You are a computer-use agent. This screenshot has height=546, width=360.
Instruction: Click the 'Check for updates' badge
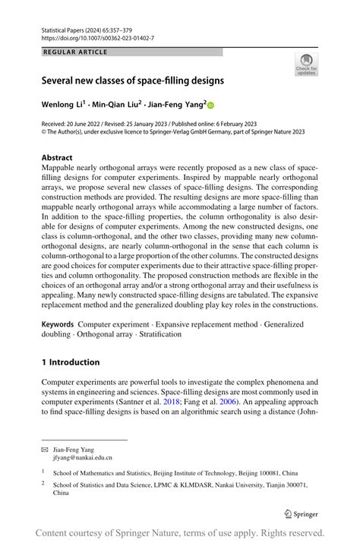[306, 65]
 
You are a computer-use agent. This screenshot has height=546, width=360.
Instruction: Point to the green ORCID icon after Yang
[211, 106]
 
